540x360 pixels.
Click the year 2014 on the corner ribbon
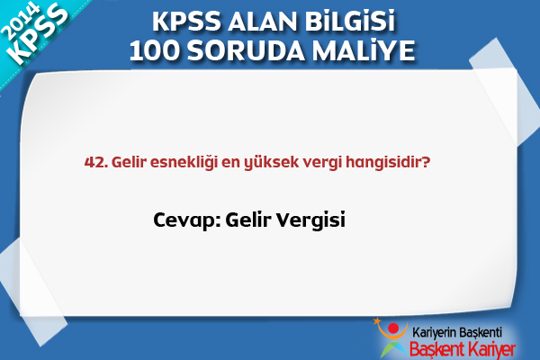pos(20,22)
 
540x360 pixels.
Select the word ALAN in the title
pos(262,22)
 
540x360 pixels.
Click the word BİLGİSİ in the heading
pos(349,22)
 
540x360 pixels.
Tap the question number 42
pos(96,162)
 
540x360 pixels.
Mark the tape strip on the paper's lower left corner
pos(31,291)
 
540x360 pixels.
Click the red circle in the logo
pos(393,328)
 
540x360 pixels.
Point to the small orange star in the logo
pos(377,320)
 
